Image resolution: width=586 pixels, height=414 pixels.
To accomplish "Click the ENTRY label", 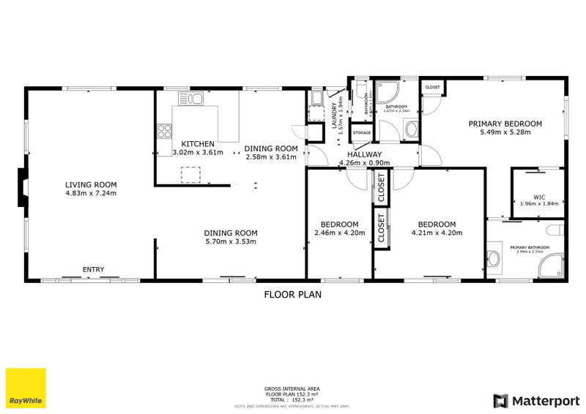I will (93, 270).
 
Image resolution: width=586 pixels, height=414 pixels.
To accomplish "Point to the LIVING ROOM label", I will (91, 184).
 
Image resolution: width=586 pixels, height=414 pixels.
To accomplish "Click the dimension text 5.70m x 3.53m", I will (230, 241).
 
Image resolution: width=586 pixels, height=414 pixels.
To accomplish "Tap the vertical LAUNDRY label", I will (334, 116).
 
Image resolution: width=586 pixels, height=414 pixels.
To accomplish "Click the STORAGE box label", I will (362, 133).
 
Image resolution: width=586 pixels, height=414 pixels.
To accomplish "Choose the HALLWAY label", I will (364, 154).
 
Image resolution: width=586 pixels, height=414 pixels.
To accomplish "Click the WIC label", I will (539, 196).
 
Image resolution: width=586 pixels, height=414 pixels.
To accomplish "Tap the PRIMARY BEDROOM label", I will (505, 124).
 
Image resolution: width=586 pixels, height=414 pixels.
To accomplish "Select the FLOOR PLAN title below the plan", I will (292, 295).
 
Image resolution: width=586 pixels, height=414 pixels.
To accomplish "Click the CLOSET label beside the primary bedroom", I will (432, 88).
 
